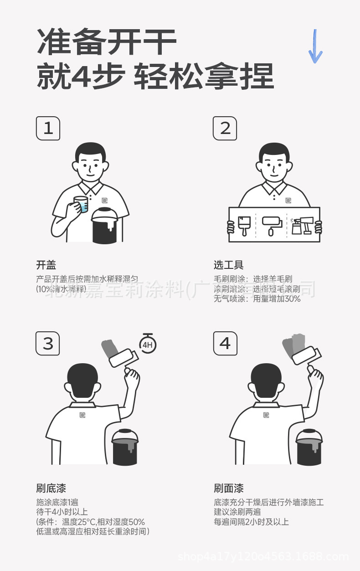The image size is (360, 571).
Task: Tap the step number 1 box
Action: (48, 128)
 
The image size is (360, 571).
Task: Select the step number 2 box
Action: (225, 128)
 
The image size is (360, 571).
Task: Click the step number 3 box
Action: (48, 343)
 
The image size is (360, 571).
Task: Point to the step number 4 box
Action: (225, 343)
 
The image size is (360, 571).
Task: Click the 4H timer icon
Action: (147, 344)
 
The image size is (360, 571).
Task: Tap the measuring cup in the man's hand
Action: (81, 204)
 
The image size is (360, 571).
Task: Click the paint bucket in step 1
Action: (105, 225)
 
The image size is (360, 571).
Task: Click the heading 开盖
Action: (46, 265)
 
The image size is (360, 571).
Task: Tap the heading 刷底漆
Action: (51, 489)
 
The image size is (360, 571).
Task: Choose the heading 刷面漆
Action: (229, 489)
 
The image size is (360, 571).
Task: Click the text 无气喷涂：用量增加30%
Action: (257, 299)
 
